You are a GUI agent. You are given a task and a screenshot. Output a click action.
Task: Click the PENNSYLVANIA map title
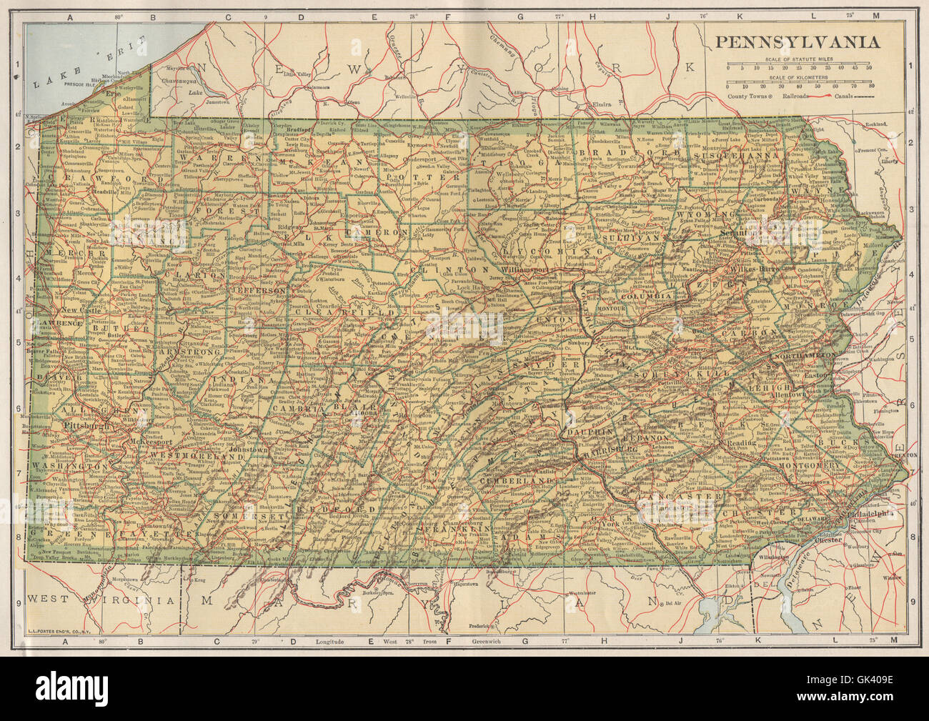tap(798, 42)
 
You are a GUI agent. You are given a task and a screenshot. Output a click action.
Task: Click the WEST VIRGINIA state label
tap(100, 600)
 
